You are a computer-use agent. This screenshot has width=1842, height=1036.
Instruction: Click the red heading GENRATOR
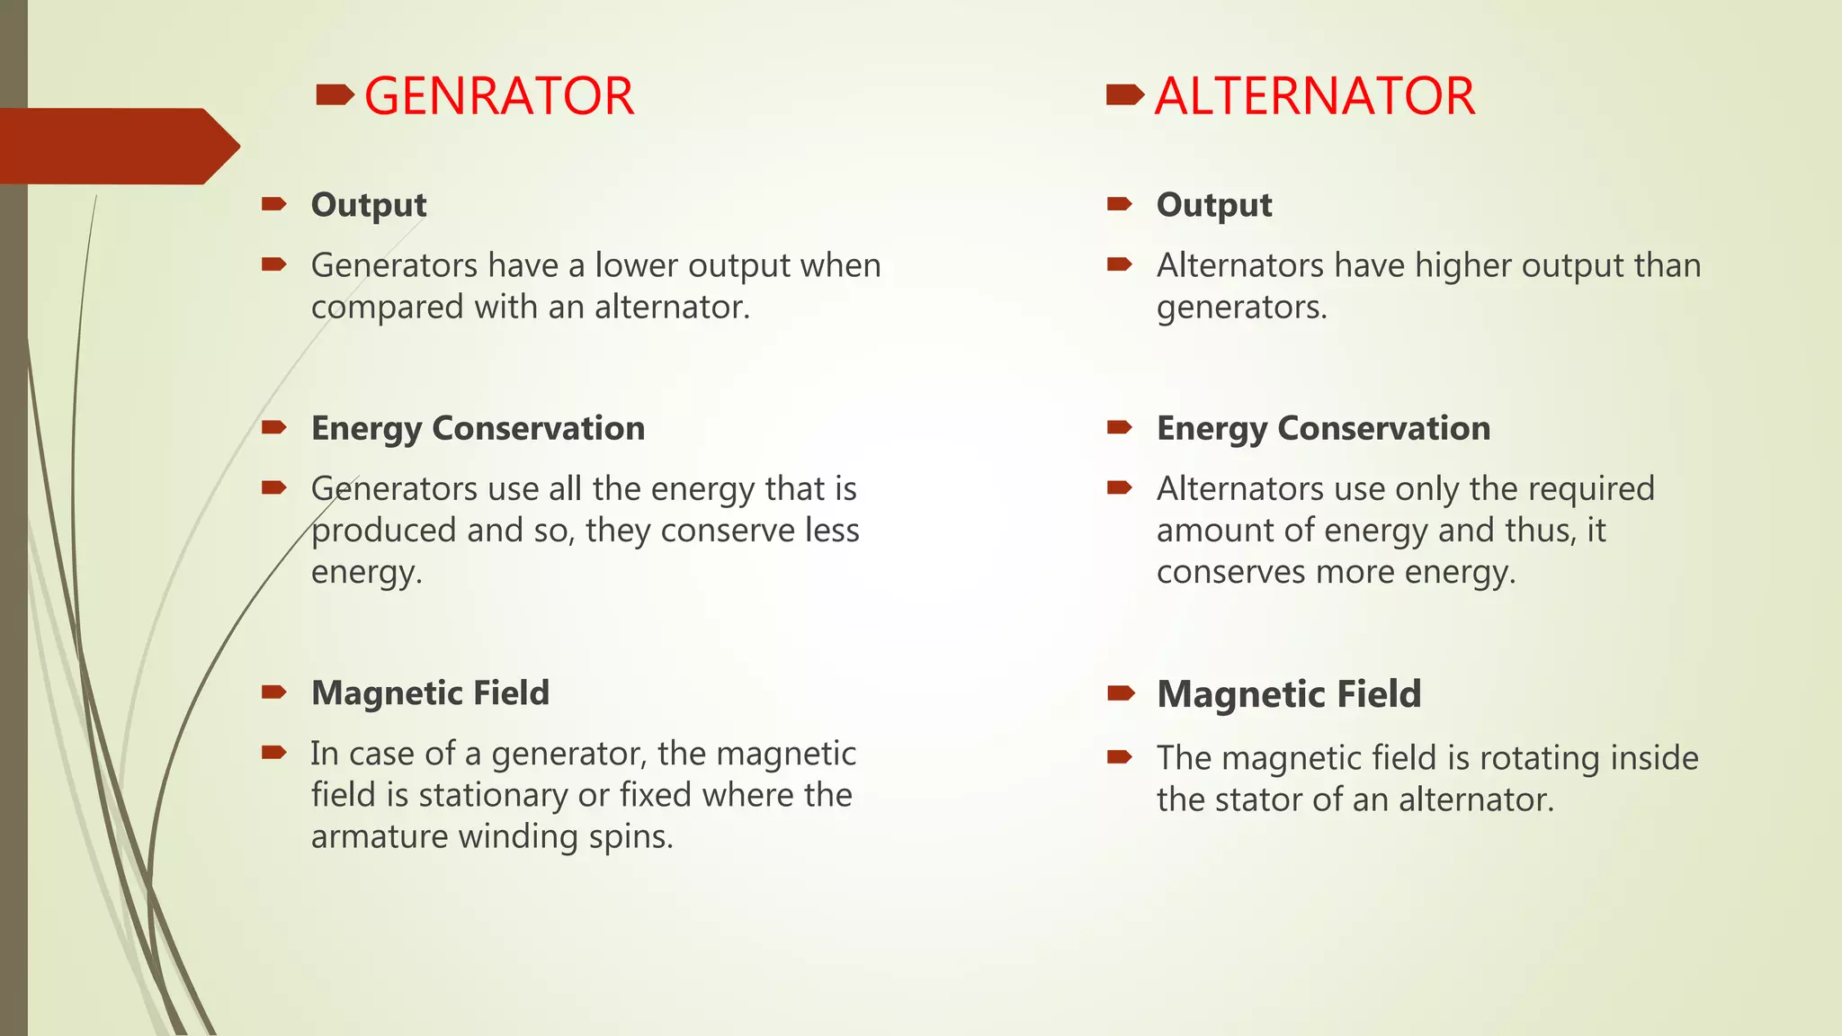tap(498, 96)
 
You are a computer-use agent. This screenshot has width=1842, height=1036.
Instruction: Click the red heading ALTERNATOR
tap(1314, 96)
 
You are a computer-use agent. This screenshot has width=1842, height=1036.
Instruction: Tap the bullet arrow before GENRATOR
tap(335, 94)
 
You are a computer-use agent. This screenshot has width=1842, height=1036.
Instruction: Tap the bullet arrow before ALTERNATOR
tap(1124, 94)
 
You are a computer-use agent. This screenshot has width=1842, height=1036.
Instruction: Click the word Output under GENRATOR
tap(369, 205)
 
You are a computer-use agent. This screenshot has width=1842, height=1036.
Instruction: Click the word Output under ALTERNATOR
tap(1214, 205)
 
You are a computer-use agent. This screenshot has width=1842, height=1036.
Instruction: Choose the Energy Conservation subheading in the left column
tap(478, 428)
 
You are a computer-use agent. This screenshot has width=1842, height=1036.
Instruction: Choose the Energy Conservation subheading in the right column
tap(1323, 428)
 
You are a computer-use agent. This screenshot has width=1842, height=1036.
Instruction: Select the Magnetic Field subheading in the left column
tap(430, 692)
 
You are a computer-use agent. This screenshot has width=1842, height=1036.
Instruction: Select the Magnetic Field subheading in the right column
tap(1289, 694)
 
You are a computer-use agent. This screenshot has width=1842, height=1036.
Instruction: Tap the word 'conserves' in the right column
tap(1225, 572)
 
